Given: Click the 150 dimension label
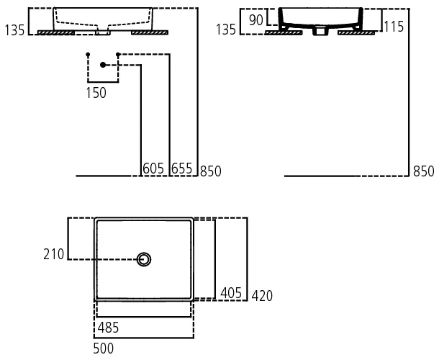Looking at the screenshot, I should (96, 92).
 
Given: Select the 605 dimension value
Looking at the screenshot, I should (154, 169).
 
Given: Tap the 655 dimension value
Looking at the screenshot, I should (182, 169).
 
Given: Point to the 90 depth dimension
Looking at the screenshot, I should (256, 19).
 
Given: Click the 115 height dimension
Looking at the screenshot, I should (394, 27).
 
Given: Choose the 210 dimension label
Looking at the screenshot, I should (54, 253).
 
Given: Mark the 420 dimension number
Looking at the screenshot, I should (262, 296).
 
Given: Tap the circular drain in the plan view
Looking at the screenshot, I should (145, 259).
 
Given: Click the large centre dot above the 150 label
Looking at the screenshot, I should (103, 66).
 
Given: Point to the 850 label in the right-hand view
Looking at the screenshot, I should (424, 171).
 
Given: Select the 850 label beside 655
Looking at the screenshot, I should (211, 171).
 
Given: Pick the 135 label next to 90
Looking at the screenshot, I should (226, 30).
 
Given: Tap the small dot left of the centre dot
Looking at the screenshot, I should (87, 55).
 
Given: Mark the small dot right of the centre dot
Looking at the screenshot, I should (118, 55).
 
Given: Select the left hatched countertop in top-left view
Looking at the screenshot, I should (55, 32).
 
